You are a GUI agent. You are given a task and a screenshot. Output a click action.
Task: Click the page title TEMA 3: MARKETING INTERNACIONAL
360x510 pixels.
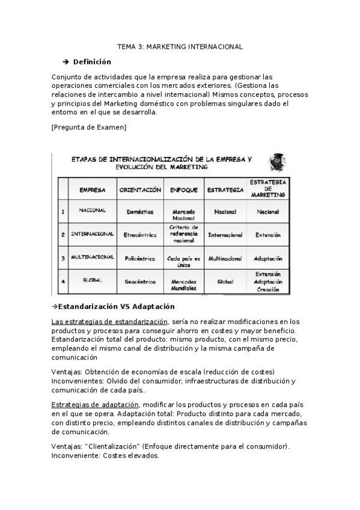click(180, 46)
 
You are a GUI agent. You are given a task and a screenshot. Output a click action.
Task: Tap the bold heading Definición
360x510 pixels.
click(92, 61)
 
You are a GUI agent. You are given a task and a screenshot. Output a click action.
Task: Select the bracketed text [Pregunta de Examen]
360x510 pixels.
click(89, 127)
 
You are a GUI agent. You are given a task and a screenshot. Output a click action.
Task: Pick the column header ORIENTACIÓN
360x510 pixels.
click(140, 190)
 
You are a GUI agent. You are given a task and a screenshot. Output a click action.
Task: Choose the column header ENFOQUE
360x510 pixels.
click(184, 190)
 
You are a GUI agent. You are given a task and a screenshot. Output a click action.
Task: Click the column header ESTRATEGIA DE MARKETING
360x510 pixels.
click(268, 188)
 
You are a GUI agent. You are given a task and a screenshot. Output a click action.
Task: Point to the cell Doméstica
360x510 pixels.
click(140, 212)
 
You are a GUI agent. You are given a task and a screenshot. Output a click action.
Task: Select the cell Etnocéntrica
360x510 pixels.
click(140, 235)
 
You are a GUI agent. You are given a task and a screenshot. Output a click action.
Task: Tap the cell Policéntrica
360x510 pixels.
click(140, 258)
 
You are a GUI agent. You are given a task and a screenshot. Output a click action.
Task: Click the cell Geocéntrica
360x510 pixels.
click(140, 281)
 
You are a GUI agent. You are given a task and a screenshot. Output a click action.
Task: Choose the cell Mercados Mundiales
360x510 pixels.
click(184, 284)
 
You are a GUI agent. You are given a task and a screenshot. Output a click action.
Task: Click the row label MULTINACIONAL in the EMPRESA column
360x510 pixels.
click(93, 257)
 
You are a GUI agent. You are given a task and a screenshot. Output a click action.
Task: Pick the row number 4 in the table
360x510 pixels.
click(63, 281)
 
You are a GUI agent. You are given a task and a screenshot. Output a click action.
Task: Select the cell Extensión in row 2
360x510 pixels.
click(268, 235)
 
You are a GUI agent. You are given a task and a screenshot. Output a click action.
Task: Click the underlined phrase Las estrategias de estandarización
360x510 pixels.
click(110, 322)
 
